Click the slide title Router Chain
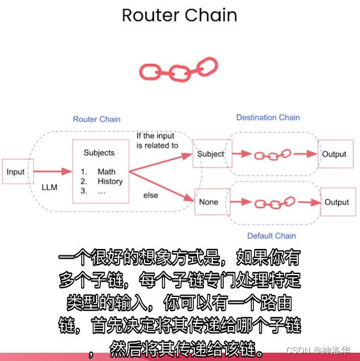point(180,15)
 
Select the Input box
point(16,172)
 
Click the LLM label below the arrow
point(50,187)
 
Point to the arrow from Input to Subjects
point(52,172)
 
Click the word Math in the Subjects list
point(107,172)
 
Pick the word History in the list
point(110,181)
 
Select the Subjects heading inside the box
point(99,153)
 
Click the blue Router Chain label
point(97,119)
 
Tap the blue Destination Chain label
point(268,117)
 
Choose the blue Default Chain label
point(272,236)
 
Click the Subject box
point(210,154)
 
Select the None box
point(209,202)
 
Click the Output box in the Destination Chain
point(334,154)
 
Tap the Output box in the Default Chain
point(337,202)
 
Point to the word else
point(151,194)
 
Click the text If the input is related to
point(157,140)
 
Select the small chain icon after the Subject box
point(272,155)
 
